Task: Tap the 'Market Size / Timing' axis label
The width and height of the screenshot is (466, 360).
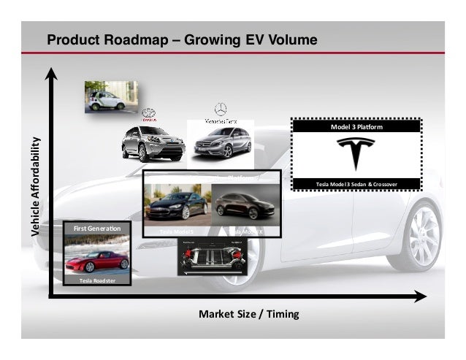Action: pos(248,314)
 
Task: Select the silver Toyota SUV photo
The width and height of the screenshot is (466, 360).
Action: pos(152,142)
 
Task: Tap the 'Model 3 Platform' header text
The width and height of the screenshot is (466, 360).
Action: pos(356,126)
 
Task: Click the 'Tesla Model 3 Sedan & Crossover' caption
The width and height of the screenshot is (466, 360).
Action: pos(356,183)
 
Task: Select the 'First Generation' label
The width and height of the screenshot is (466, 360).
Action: pos(96,229)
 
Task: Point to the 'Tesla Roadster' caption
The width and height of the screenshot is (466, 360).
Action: pos(96,280)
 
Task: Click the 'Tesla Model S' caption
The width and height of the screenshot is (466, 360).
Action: pos(175,231)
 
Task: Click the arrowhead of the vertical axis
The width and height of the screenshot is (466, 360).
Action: pos(53,73)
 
